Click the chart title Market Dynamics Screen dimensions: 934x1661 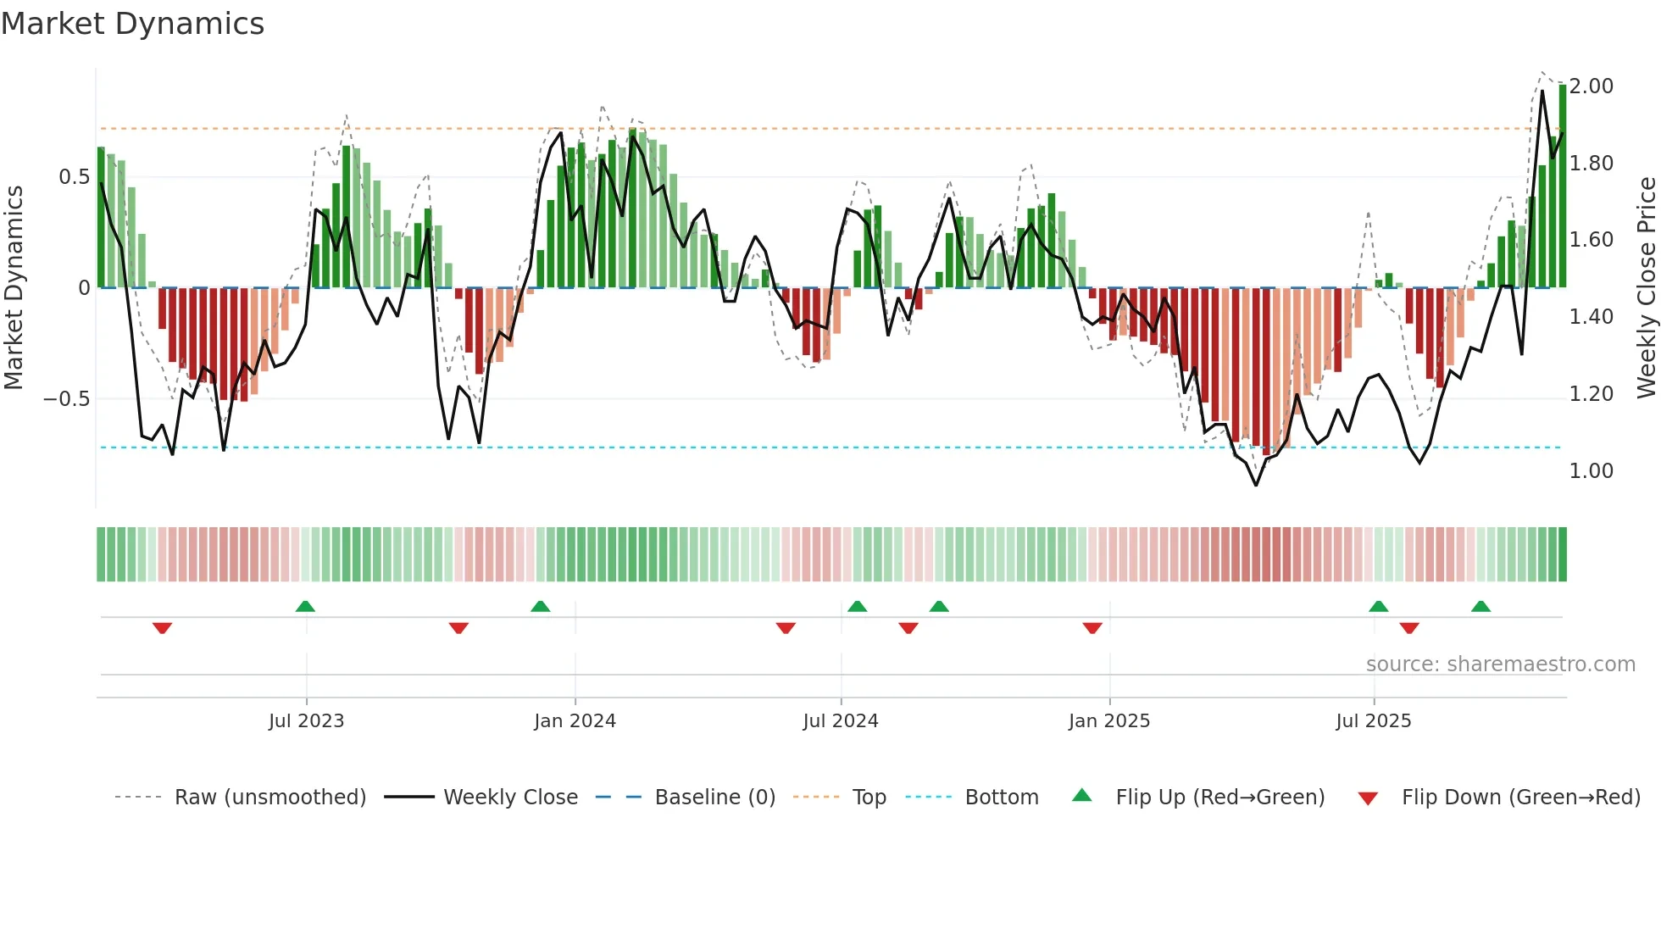(132, 24)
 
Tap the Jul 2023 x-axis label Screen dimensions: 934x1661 (306, 721)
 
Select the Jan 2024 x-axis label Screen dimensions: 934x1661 (575, 721)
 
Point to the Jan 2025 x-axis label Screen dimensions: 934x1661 (1108, 721)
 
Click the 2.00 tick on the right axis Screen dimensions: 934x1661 (1591, 86)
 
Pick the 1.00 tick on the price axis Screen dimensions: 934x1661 (1591, 471)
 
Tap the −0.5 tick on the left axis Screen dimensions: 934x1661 (66, 399)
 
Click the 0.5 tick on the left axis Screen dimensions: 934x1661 (74, 177)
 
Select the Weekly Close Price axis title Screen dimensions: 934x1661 (1646, 287)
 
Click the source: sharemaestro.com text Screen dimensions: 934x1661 (1500, 664)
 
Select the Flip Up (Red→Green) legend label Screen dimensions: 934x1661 (1219, 798)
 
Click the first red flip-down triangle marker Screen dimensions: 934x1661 (162, 628)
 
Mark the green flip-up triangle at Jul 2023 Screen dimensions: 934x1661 (305, 606)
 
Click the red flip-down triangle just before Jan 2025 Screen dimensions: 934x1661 (1092, 628)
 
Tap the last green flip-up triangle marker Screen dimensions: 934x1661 (1480, 606)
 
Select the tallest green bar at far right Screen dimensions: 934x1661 (1562, 186)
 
